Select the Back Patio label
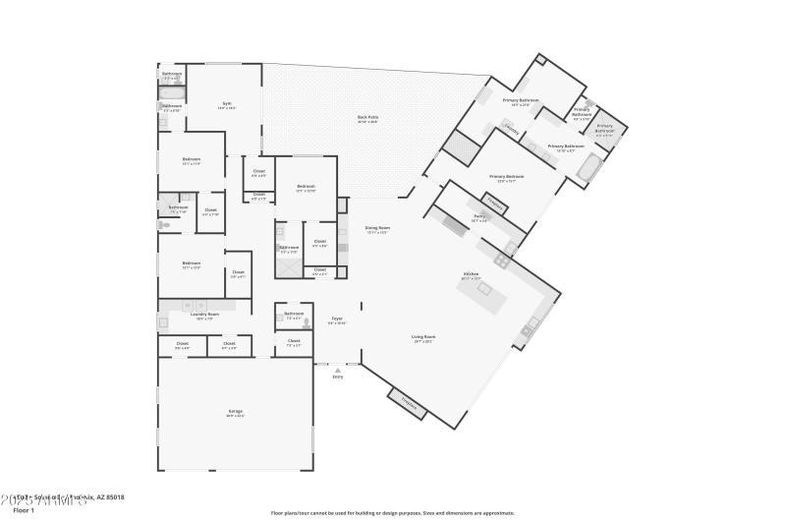[x=367, y=119]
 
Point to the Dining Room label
[x=377, y=229]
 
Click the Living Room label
[x=423, y=338]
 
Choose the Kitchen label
[x=472, y=275]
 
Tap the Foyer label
[x=336, y=320]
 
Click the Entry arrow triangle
[x=337, y=370]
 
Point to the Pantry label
[x=479, y=218]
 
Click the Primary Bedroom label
[x=507, y=179]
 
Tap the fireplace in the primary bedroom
[x=496, y=206]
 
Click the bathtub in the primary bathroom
[x=590, y=170]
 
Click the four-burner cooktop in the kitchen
[x=502, y=261]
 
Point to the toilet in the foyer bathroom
[x=307, y=320]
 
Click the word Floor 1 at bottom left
[x=24, y=510]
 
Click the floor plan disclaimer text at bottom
[x=392, y=513]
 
